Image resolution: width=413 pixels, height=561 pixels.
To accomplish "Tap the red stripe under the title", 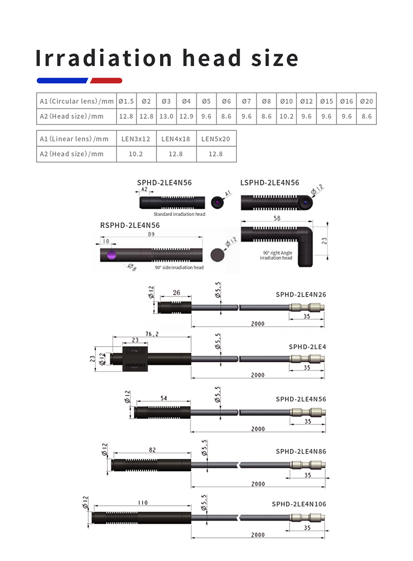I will click(x=106, y=81).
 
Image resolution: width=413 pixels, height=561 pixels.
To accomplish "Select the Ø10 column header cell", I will click(x=287, y=101).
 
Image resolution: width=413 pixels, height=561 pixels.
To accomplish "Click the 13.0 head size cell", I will click(x=166, y=117).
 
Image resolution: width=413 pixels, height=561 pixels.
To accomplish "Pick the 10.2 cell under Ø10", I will click(x=287, y=117).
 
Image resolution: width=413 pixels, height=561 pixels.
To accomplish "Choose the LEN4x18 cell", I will click(x=176, y=138).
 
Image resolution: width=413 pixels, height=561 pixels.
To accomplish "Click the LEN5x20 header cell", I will click(x=216, y=138).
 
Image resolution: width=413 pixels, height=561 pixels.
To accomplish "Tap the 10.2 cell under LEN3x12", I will click(x=136, y=154).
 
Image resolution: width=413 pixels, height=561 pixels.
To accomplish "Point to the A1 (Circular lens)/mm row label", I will click(x=76, y=101).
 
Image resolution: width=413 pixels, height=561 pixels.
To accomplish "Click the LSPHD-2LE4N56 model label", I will click(x=269, y=182).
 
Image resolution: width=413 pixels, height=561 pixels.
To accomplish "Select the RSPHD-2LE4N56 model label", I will click(x=130, y=225).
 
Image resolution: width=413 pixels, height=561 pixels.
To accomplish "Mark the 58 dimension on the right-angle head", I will click(x=278, y=220).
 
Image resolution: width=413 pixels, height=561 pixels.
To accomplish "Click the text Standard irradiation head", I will click(x=179, y=214).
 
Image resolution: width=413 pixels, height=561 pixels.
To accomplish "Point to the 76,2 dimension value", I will click(x=152, y=334).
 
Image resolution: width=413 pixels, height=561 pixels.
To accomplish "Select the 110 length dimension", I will click(x=142, y=503).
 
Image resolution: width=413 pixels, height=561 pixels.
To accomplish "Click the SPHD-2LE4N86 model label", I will click(x=301, y=451).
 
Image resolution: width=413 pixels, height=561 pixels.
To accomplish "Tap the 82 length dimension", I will click(x=152, y=450).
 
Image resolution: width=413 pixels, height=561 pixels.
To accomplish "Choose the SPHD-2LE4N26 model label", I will click(x=301, y=294).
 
